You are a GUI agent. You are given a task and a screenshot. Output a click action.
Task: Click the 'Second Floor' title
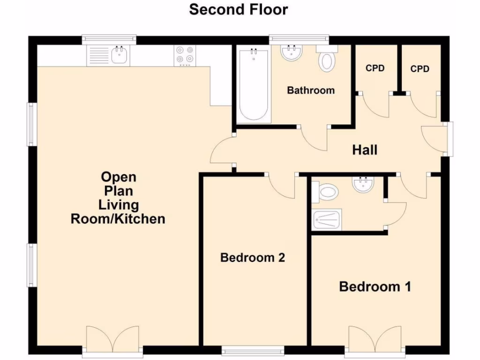[x=239, y=9]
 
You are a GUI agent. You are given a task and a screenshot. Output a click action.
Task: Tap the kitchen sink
[x=108, y=56]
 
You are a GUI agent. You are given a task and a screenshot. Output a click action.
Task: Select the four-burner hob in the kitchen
[x=185, y=55]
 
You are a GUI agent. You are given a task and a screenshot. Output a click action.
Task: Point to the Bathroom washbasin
[x=292, y=52]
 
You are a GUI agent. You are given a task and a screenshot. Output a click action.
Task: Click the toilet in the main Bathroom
[x=327, y=59]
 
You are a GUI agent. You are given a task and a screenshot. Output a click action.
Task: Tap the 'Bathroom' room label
[x=311, y=90]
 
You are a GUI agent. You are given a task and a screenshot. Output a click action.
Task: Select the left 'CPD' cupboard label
[x=375, y=68]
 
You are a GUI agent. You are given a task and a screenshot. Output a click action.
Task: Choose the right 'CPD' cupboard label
[x=420, y=69]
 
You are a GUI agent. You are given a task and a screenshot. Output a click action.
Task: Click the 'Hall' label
[x=365, y=150]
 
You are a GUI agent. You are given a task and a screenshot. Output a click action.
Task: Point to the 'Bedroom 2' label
[x=253, y=257]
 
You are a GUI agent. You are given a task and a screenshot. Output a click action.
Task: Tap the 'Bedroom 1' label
[x=375, y=286]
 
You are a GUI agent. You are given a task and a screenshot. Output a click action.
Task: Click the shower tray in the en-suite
[x=327, y=219]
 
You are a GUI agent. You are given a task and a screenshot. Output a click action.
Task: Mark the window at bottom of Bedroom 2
[x=253, y=350]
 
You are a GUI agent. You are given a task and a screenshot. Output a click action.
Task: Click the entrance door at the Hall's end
[x=434, y=138]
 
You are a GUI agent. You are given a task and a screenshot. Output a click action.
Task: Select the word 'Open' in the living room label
[x=119, y=177]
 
